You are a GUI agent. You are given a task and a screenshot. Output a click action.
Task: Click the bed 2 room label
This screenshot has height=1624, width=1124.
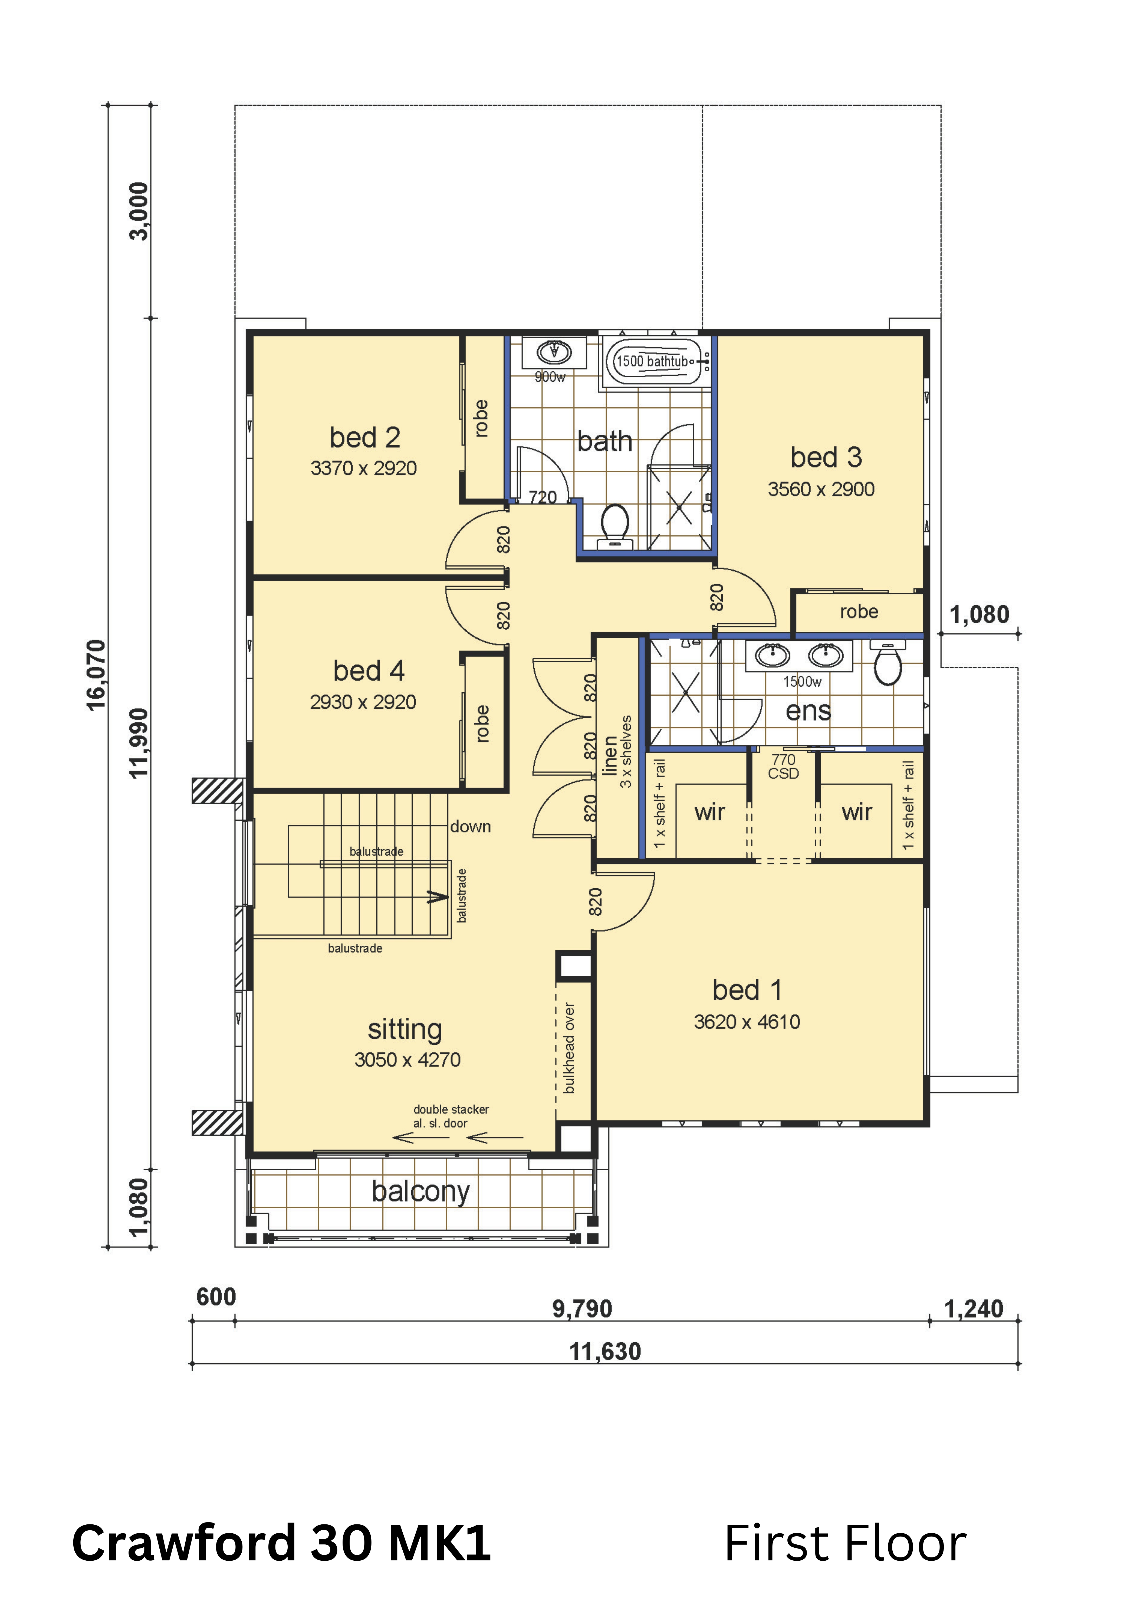[365, 437]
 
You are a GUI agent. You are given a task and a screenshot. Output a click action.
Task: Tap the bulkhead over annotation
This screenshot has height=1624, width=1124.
[569, 1048]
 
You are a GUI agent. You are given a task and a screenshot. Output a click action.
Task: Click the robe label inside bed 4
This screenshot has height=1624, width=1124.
[482, 723]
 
